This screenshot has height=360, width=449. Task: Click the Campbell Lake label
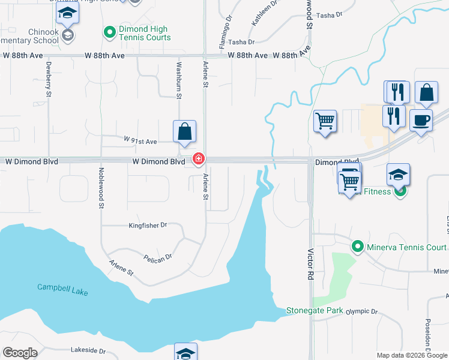62,288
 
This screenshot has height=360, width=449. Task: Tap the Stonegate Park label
314,311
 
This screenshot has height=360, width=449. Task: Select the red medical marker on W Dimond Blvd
197,159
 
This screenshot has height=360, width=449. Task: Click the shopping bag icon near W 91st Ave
184,131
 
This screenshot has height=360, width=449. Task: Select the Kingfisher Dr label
148,226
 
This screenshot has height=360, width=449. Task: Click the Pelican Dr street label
158,256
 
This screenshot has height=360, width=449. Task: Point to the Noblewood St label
100,189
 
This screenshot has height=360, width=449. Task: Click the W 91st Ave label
140,142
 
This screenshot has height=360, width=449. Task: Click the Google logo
20,353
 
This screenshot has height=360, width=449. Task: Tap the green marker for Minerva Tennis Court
358,247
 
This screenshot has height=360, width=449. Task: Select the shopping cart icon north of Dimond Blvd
325,121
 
